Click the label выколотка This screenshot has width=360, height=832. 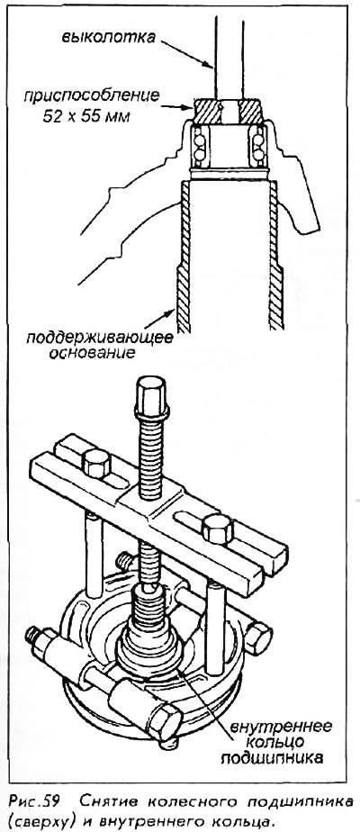(x=109, y=37)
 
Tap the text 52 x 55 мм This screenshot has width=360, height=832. (x=85, y=115)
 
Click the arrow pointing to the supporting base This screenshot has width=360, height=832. (x=159, y=319)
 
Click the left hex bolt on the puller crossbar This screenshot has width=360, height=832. (x=97, y=462)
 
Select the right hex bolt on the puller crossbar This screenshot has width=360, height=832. (x=218, y=529)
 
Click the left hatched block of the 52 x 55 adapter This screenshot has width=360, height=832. (x=207, y=113)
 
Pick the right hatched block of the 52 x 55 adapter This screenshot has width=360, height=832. (x=249, y=113)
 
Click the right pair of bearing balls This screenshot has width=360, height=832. (x=259, y=148)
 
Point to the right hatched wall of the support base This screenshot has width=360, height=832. (x=275, y=256)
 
